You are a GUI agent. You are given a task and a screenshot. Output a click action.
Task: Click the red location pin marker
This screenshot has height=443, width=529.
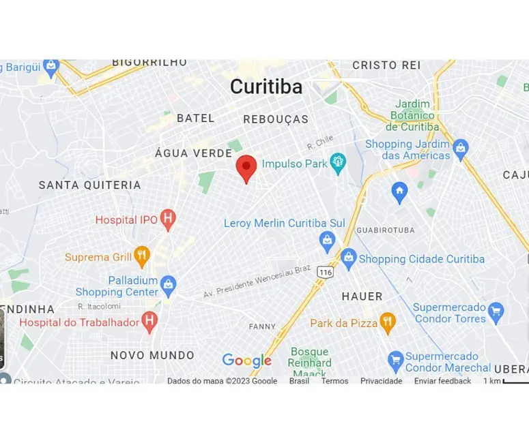pos(246,167)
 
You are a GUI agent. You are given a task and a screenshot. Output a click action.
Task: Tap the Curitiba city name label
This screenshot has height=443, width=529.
pos(266,87)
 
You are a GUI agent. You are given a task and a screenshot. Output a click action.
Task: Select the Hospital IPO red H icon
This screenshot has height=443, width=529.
pos(168,219)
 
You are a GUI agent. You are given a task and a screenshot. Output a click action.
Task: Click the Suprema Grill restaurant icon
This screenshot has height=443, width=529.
pos(141,256)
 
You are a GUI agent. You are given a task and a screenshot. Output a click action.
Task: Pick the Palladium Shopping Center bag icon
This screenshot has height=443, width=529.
pos(168,285)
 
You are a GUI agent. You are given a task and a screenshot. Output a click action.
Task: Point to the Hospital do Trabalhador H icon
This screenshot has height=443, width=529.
pos(149,322)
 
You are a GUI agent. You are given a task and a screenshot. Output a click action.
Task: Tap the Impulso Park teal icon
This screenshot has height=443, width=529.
pos(337,163)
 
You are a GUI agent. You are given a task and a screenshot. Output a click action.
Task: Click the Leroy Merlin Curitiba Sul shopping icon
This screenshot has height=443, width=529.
pos(327,240)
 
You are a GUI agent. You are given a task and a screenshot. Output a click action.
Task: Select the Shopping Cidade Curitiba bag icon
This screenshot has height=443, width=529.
pos(349,258)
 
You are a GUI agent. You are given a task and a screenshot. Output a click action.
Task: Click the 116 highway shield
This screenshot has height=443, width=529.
pos(324,272)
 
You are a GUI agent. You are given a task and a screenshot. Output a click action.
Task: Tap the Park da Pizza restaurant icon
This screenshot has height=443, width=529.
pos(387,322)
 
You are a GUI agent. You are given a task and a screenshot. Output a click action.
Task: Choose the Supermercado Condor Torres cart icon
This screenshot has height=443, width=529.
pos(496,312)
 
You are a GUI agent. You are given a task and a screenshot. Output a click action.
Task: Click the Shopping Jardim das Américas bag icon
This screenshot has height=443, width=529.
pos(461,149)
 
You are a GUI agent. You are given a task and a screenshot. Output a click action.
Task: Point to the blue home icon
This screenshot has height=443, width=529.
pos(399,192)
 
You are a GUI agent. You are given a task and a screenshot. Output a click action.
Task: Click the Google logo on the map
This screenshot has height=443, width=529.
pos(247,361)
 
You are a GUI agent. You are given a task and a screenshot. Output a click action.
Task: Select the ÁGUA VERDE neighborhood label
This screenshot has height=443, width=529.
pos(193,153)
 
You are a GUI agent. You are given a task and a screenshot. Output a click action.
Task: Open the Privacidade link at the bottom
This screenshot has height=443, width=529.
pos(381,381)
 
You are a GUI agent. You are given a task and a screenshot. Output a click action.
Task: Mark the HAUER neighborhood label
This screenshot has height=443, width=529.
pos(362,296)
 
